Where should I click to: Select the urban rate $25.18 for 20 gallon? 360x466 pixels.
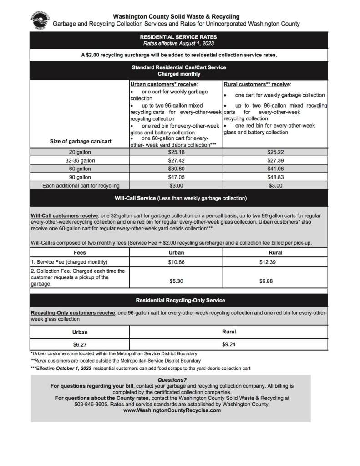[x=176, y=152]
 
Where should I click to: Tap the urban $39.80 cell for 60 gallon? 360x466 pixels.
[x=176, y=169]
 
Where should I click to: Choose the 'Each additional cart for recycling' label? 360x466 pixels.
[x=81, y=185]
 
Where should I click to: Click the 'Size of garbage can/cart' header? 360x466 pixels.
[x=80, y=141]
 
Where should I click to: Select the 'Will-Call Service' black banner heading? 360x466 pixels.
[x=178, y=198]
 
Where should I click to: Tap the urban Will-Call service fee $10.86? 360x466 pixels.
[x=176, y=262]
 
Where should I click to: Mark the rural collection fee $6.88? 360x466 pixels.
[x=266, y=282]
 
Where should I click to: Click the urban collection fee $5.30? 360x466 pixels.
[x=176, y=282]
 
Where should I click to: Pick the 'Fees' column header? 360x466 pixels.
[x=80, y=252]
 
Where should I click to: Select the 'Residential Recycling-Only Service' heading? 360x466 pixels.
[x=180, y=301]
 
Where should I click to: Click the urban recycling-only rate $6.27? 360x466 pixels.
[x=80, y=345]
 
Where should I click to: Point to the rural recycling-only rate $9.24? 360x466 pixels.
[x=229, y=344]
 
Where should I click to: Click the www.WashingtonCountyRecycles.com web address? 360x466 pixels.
[x=172, y=410]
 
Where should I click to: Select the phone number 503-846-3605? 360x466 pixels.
[x=70, y=404]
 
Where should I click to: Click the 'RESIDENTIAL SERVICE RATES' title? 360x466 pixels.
[x=178, y=37]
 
